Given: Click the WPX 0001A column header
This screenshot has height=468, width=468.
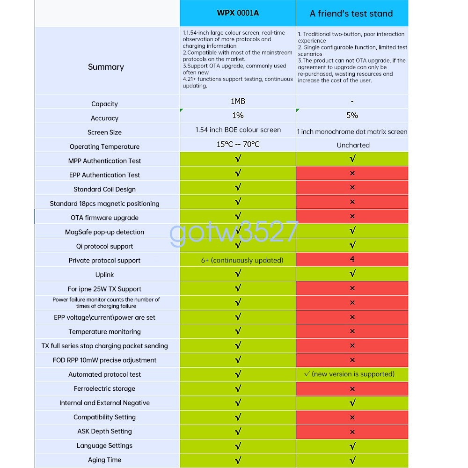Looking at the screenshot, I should point(238,13).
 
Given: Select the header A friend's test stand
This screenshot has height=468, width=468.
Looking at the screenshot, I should point(351,14).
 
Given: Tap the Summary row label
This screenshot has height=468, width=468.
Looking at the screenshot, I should point(106,67).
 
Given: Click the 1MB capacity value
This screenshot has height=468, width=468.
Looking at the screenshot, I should point(238,101).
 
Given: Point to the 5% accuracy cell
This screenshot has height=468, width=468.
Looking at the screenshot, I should point(352,115).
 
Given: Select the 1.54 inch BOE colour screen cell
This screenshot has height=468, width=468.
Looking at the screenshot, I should point(238,130).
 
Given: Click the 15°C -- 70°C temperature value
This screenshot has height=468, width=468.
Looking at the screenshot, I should point(238,144).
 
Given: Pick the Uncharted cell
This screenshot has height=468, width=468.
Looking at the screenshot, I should point(353,145).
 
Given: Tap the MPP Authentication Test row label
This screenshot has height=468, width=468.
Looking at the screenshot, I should point(104,161).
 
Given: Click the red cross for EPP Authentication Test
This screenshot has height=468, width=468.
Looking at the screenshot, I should point(352,173).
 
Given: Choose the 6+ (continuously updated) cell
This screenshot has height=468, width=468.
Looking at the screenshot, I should point(242,260).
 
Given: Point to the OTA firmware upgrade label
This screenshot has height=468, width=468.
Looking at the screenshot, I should point(104,218).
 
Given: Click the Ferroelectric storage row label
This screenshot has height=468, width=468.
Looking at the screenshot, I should point(104,388).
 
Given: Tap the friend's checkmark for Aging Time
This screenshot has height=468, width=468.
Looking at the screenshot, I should point(352,460).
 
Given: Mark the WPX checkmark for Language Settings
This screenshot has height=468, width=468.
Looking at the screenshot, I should point(238,446).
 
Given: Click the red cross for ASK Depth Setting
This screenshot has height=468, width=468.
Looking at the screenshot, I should point(352,431).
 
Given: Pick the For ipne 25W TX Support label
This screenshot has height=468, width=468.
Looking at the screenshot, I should point(104,289).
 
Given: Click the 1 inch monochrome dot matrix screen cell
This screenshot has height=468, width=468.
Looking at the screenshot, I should point(352,132).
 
